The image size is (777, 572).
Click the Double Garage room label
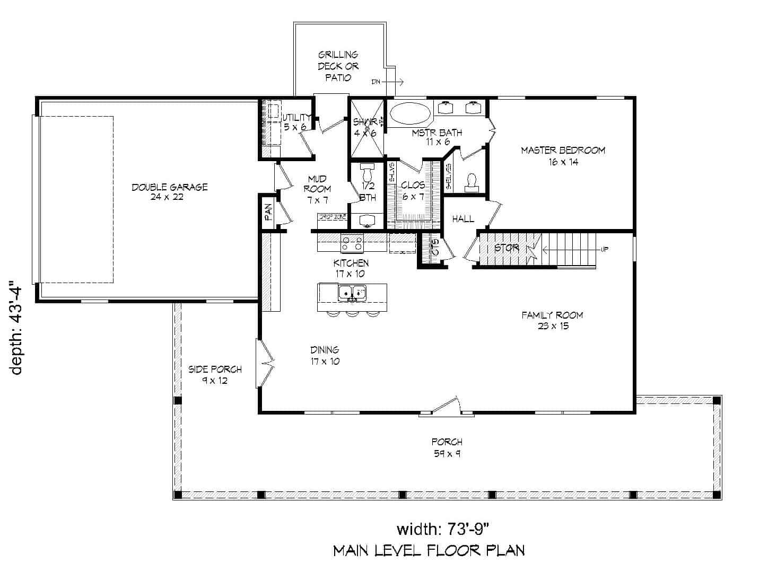[x=169, y=192]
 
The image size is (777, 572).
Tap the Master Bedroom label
[x=563, y=156]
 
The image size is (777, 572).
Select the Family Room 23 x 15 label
[x=552, y=320]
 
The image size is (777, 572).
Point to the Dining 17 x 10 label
[x=325, y=355]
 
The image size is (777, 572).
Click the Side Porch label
[x=215, y=374]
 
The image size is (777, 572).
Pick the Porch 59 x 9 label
[x=447, y=447]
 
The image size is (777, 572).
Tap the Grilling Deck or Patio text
[x=338, y=66]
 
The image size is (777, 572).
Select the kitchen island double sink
[x=352, y=292]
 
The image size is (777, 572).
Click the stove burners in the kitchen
[x=352, y=243]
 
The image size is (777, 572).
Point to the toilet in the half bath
[x=367, y=172]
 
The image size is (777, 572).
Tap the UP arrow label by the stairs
[x=604, y=249]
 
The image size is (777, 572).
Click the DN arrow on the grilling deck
[x=388, y=82]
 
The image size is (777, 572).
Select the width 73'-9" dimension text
[x=442, y=529]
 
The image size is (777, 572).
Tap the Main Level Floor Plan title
[x=429, y=551]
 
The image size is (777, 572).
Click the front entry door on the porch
[x=446, y=406]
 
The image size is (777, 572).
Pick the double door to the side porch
[x=265, y=364]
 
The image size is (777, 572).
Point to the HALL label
[x=463, y=219]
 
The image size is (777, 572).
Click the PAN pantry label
[x=268, y=213]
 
